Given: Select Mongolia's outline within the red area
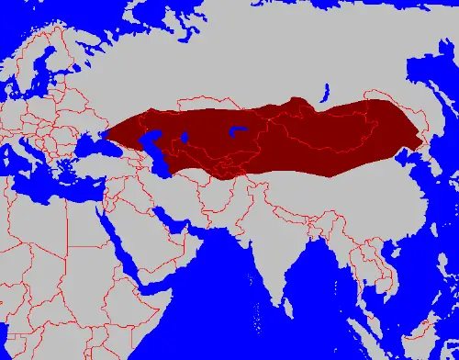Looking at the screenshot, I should [x=330, y=129].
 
